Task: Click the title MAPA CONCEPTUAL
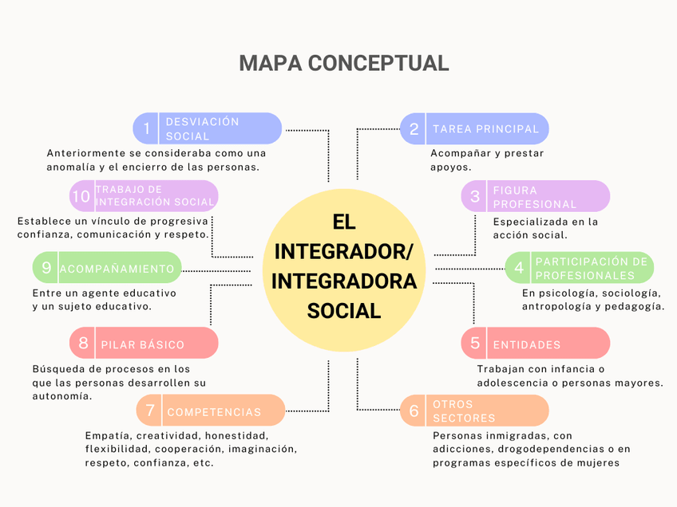(343, 62)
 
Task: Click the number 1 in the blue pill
(146, 128)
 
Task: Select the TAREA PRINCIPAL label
(485, 128)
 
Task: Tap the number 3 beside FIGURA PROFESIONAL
(475, 196)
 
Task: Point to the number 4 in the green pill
(519, 268)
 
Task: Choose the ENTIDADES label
(527, 344)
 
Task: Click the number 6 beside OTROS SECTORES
(414, 411)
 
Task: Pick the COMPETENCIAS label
(214, 412)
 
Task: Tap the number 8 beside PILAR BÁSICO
(83, 344)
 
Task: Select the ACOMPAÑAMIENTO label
(117, 269)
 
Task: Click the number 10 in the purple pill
(81, 196)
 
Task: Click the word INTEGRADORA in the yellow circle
(344, 281)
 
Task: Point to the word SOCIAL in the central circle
(344, 311)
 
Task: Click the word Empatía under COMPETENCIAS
(107, 436)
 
